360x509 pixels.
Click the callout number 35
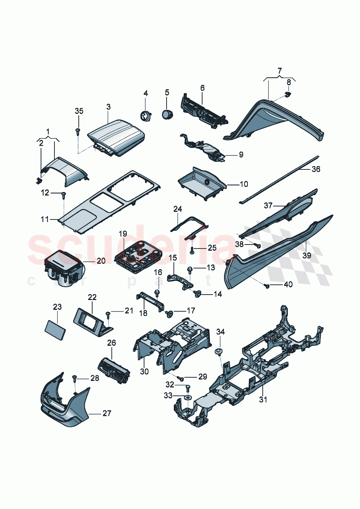click(x=79, y=111)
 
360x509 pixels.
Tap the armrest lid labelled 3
click(x=116, y=136)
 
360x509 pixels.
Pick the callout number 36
click(x=316, y=169)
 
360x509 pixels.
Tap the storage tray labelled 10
click(x=202, y=183)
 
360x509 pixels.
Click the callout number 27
click(x=107, y=413)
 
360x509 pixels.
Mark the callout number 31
click(x=263, y=399)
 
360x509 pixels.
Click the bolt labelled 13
click(x=189, y=269)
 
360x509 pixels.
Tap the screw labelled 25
click(x=192, y=249)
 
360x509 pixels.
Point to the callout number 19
click(x=123, y=233)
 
